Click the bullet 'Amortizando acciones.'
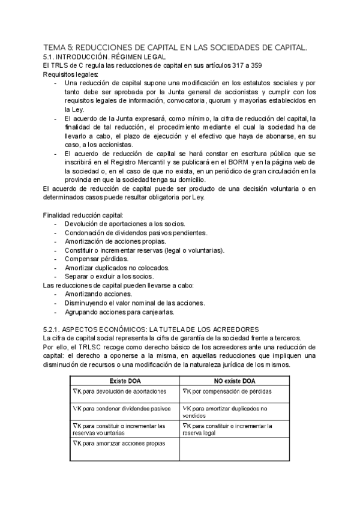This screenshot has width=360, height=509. pyautogui.click(x=98, y=294)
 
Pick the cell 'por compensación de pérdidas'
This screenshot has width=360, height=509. pyautogui.click(x=231, y=391)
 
